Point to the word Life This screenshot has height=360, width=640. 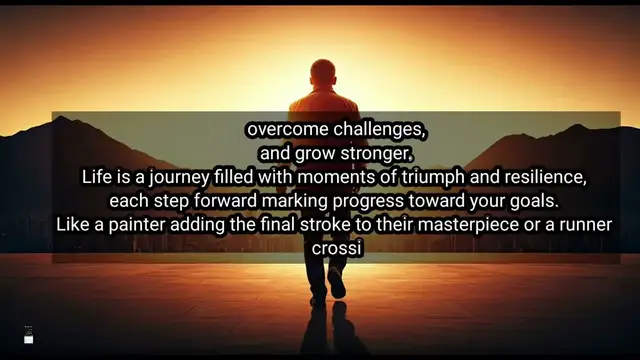(97, 177)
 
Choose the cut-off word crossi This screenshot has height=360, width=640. (320, 246)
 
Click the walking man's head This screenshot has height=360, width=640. (322, 73)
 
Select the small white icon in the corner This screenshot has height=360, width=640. (29, 337)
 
